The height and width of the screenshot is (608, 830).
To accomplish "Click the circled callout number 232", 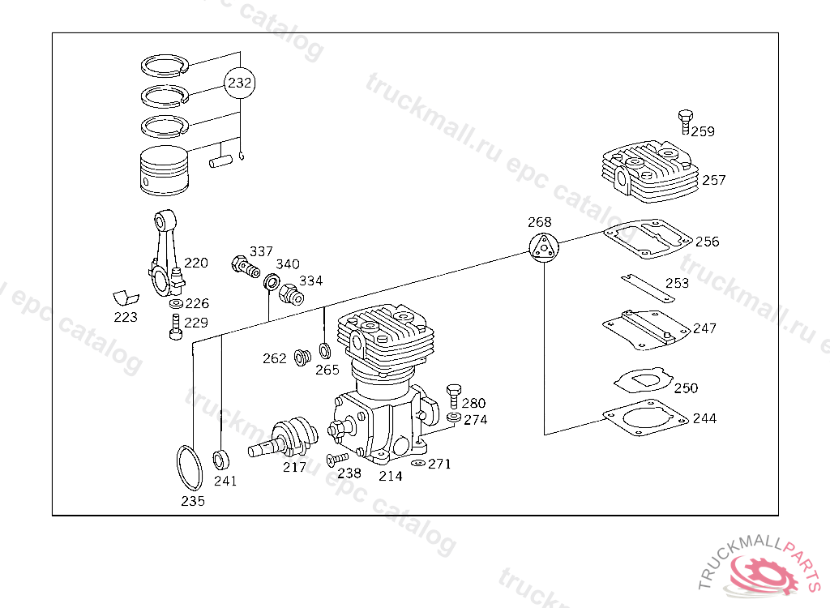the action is pos(239,83).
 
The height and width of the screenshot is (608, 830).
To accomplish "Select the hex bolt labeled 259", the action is pos(685,122).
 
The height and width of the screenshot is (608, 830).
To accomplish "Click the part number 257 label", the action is pos(713,180).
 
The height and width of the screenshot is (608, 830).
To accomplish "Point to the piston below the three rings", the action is pos(165,170).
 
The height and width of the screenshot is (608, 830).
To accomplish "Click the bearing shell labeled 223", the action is pos(126,298).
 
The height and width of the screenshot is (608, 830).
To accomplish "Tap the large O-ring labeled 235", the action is pos(189,469).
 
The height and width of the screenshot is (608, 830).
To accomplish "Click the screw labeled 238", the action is pos(336,459).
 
